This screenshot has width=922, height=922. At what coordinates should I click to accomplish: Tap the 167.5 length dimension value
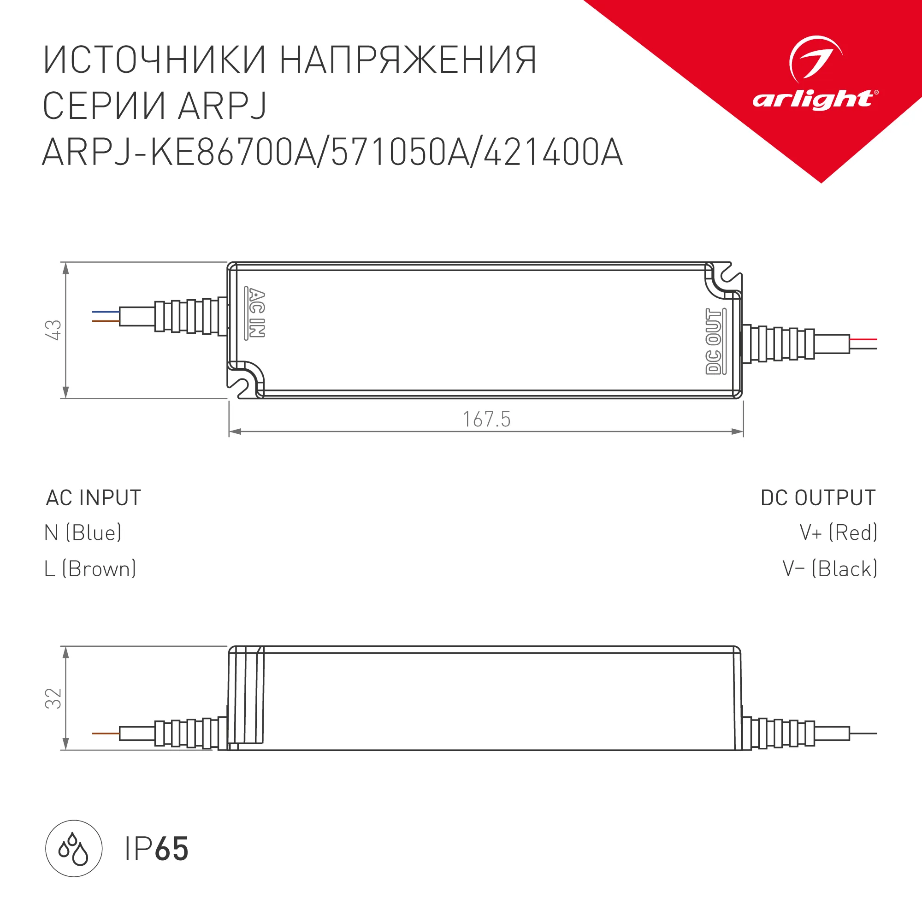487,420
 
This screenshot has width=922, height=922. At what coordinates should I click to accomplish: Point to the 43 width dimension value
53,330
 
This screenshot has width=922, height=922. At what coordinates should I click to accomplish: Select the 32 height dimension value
53,698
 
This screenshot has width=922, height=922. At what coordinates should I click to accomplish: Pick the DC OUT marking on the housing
715,341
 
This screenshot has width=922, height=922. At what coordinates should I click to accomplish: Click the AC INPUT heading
94,498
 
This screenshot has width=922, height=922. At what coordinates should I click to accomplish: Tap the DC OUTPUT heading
818,498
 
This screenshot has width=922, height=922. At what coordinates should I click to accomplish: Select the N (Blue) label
83,532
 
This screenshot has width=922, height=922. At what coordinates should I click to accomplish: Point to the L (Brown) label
90,569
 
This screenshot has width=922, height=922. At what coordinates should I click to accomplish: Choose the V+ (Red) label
839,532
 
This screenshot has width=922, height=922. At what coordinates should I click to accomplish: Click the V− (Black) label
830,569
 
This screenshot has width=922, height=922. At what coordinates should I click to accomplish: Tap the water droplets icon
73,849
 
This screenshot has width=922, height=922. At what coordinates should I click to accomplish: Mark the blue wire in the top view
106,312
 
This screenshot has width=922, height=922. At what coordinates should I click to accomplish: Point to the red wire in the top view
863,339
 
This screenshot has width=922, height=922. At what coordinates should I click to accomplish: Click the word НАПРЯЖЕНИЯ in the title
408,60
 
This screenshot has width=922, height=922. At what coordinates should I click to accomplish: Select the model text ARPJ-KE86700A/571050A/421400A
333,153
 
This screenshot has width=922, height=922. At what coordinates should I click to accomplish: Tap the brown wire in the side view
106,733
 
